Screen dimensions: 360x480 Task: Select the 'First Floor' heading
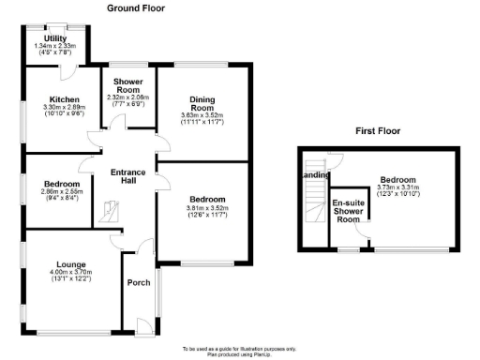click(380, 131)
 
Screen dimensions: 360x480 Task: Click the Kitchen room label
click(64, 98)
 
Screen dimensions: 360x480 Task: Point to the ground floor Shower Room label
click(127, 82)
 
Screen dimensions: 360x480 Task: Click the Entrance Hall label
click(126, 177)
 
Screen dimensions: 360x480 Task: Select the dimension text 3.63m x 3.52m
click(204, 119)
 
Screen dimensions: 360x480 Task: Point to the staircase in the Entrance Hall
click(111, 216)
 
